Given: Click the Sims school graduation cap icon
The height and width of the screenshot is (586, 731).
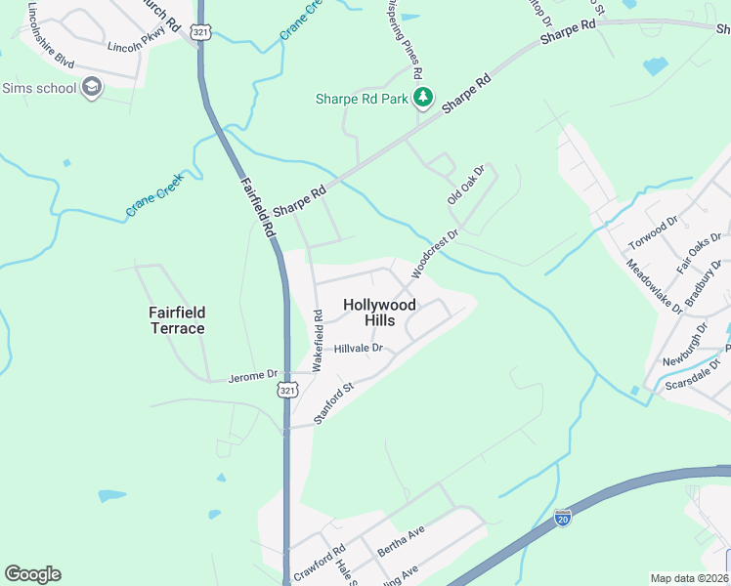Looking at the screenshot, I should [92, 88].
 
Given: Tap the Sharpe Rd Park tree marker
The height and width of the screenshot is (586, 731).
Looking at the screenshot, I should [422, 98].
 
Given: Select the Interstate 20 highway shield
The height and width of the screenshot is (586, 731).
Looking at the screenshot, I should [563, 519].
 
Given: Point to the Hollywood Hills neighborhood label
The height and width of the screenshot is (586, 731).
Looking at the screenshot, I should [380, 313].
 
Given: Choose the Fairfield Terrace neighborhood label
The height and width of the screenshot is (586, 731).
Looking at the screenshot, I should [177, 320].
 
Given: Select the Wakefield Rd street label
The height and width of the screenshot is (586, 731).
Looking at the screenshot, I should [318, 339].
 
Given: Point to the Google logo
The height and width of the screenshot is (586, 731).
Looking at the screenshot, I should [32, 574].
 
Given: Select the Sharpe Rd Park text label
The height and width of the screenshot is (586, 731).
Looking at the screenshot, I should [362, 99].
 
